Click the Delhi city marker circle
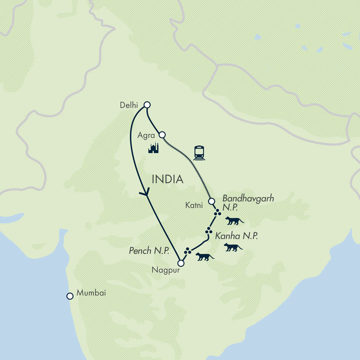(147, 105)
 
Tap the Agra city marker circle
(162, 134)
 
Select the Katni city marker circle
(212, 201)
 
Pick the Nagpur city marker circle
(181, 263)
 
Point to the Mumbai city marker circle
(70, 296)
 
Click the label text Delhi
(129, 105)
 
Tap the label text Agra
(147, 136)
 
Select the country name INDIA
(167, 179)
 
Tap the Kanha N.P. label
(236, 236)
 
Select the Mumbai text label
(91, 293)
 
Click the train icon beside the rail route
(199, 153)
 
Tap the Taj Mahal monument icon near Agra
(153, 148)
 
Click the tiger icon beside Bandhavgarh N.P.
(234, 220)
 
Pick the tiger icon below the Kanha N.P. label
(233, 247)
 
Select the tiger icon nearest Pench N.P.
(205, 257)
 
